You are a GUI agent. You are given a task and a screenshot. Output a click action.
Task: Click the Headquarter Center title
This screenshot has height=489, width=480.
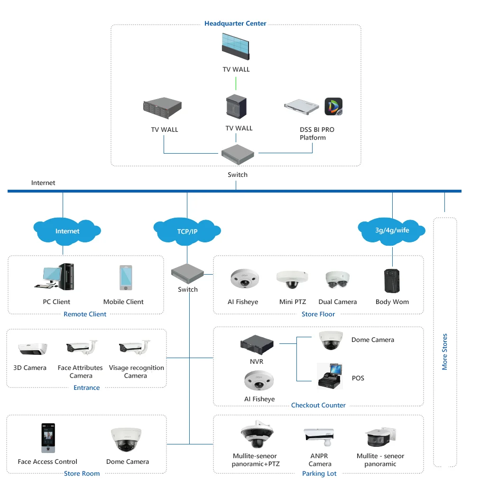235,23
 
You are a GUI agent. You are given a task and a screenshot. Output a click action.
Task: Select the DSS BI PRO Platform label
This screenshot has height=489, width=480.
317,133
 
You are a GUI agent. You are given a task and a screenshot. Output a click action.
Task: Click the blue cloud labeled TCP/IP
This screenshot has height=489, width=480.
187,231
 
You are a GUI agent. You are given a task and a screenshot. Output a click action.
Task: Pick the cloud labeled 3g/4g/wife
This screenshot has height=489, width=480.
392,230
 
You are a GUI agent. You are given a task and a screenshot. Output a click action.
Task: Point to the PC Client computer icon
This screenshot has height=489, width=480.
55,277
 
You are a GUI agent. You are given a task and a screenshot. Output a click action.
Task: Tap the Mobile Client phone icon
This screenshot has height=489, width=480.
125,277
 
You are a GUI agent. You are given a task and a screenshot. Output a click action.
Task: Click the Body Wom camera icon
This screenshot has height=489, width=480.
392,281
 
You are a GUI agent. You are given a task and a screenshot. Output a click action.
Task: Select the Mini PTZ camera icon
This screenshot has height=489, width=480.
292,280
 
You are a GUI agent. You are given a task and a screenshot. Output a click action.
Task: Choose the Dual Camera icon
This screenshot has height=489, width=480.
338,281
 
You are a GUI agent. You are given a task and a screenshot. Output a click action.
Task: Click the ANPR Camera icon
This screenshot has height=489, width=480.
319,436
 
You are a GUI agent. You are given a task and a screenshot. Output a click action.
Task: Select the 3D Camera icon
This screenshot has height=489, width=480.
33,349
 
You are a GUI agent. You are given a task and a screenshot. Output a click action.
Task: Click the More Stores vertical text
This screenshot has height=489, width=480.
444,351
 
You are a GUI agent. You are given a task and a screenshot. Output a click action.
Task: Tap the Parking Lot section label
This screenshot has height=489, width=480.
319,473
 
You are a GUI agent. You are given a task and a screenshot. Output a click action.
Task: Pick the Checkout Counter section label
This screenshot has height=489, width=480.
318,405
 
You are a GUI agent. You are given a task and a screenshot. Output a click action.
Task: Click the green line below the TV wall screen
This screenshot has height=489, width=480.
236,83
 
